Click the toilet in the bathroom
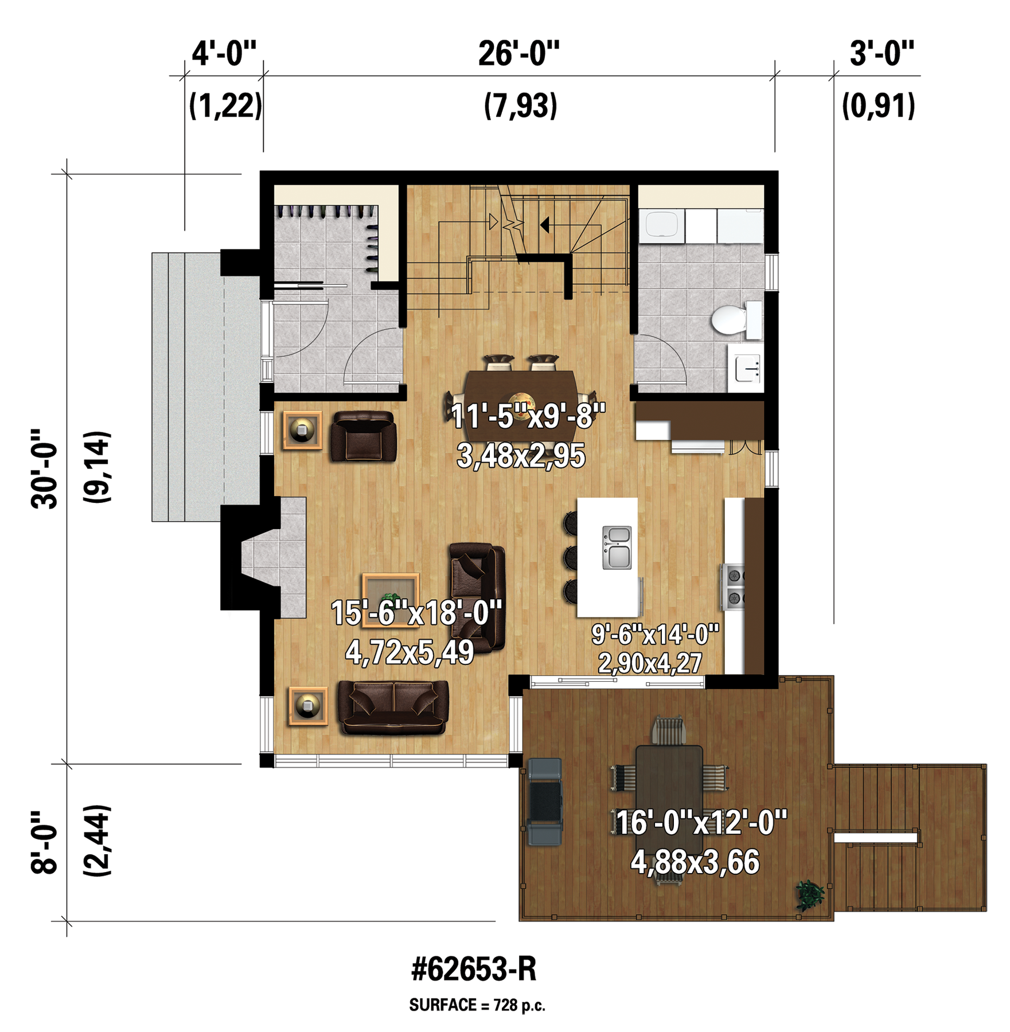coord(736,319)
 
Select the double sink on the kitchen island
coord(617,547)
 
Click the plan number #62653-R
coord(474,968)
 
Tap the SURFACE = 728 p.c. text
coord(477,1004)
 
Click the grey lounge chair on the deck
coord(544,802)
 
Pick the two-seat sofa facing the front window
coord(393,707)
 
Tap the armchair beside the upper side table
coord(363,436)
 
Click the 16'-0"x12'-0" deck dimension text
coord(701,823)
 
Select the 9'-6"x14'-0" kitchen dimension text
coord(655,634)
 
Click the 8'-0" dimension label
coord(45,842)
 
